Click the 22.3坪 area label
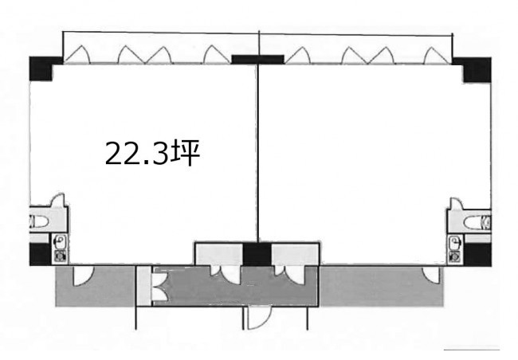click(152, 153)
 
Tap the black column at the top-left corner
click(41, 68)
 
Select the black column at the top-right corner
click(475, 69)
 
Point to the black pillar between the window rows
click(257, 60)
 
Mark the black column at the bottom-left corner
click(41, 254)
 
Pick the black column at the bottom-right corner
click(477, 255)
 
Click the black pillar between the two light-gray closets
click(257, 254)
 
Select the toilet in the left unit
click(39, 221)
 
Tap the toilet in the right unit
click(477, 221)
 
